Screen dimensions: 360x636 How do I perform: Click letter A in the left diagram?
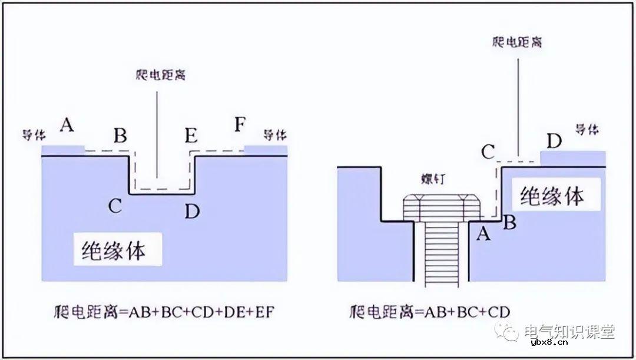(67, 125)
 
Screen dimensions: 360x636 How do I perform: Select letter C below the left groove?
(115, 206)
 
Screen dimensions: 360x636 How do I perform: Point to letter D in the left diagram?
(192, 210)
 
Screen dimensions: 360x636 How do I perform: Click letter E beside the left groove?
(191, 136)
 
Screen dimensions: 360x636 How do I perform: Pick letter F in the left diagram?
(240, 125)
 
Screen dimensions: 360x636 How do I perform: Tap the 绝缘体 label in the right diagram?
(551, 196)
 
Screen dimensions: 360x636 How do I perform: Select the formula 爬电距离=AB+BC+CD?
(429, 311)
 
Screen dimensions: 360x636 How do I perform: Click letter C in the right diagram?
(488, 152)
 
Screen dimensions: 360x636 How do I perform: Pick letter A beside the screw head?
(483, 234)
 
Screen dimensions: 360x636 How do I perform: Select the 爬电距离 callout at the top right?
(517, 42)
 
